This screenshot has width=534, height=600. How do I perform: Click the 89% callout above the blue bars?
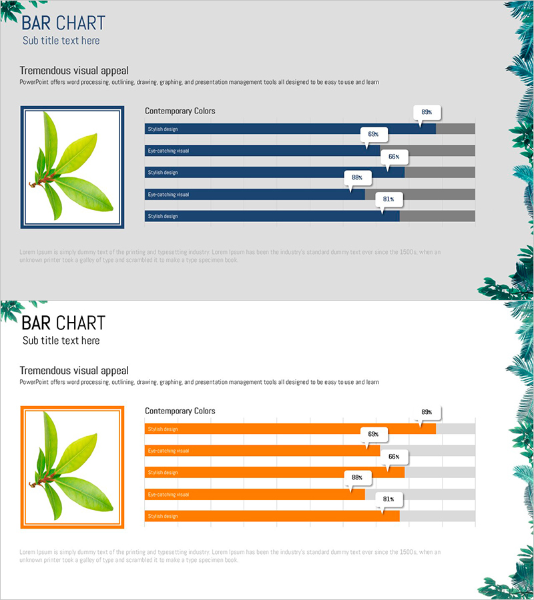(x=427, y=112)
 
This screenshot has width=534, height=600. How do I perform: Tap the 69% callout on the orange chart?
(x=373, y=433)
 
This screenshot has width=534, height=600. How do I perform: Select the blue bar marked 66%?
(x=274, y=173)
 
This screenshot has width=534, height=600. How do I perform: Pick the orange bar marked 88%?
(x=254, y=495)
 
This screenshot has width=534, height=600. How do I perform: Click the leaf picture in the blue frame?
(x=72, y=167)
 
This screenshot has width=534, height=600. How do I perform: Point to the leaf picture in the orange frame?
(x=72, y=467)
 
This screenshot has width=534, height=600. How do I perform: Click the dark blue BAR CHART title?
(x=63, y=23)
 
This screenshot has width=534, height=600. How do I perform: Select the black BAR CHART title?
(x=63, y=323)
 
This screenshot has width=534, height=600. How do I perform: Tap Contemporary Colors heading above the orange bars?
(x=180, y=411)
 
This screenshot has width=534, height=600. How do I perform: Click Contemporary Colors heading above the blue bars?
(x=180, y=111)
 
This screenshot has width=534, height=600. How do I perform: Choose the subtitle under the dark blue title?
(x=61, y=41)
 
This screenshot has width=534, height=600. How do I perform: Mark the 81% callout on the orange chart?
(x=388, y=499)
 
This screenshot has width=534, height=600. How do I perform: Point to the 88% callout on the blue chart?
(x=357, y=177)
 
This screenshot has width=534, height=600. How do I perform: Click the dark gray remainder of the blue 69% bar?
(x=427, y=151)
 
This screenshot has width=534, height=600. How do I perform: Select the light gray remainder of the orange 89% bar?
(x=455, y=429)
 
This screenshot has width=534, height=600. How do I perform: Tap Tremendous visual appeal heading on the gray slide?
(x=74, y=71)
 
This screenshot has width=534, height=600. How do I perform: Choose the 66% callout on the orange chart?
(x=394, y=457)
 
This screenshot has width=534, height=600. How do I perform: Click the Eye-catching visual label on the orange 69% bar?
(x=168, y=451)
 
